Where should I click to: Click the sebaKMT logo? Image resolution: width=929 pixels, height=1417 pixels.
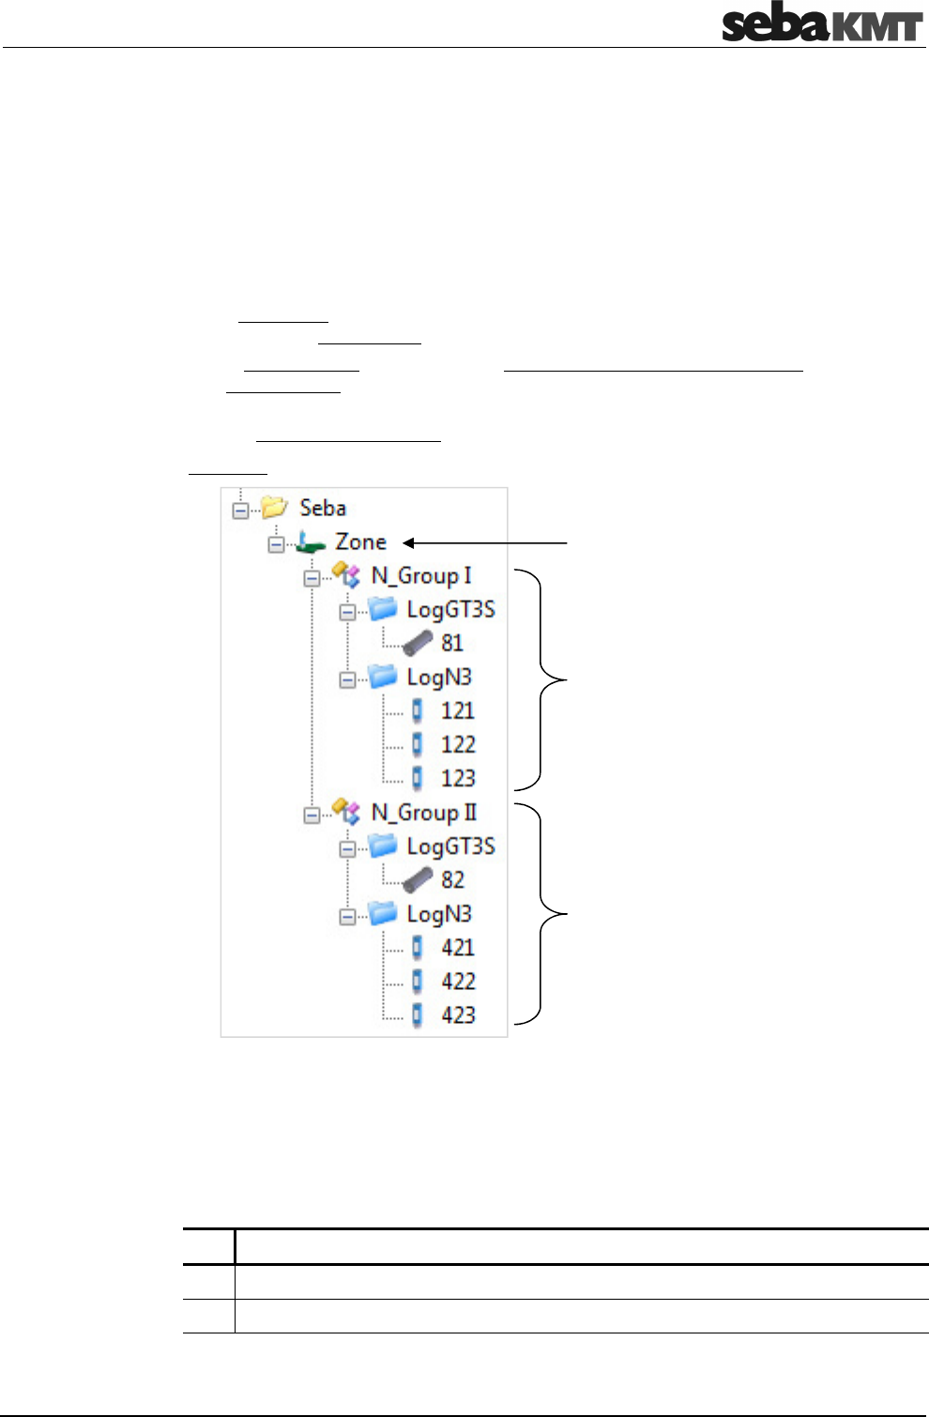tap(822, 24)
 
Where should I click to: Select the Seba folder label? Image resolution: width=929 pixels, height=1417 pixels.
tap(323, 508)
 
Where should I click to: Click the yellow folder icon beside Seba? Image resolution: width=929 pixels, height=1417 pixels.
tap(274, 508)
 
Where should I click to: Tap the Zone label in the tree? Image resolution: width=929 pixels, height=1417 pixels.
tap(361, 542)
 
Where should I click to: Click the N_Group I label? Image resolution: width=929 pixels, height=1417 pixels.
tap(421, 575)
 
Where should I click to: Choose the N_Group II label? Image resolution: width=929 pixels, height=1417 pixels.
tap(424, 813)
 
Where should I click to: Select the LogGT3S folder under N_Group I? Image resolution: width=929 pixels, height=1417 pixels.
tap(450, 610)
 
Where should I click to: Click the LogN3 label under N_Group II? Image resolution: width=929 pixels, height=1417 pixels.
tap(439, 914)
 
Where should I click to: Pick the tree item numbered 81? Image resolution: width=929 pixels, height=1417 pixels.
tap(452, 644)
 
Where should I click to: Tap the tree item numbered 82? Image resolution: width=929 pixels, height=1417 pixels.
tap(452, 880)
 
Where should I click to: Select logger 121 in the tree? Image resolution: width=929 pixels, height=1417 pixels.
tap(458, 711)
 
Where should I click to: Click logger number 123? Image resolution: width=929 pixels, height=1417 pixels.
tap(458, 779)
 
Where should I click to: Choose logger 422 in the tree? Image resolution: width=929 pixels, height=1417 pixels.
tap(458, 982)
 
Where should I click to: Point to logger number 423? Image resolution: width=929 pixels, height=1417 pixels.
tap(458, 1015)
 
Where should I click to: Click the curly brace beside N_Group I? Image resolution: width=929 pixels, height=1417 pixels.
tap(543, 678)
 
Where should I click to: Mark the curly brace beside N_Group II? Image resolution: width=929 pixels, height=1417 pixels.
tap(543, 913)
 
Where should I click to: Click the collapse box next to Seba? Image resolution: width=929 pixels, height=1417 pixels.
tap(240, 510)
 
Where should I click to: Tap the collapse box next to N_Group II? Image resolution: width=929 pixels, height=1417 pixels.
tap(312, 815)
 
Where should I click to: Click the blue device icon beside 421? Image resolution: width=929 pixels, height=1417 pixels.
tap(418, 948)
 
